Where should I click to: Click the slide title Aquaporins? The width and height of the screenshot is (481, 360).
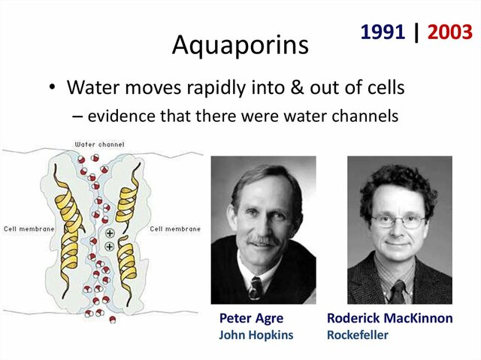pyautogui.click(x=240, y=44)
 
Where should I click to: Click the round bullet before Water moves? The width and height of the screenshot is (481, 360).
pyautogui.click(x=53, y=88)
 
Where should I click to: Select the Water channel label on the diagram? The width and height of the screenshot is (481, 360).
pyautogui.click(x=99, y=144)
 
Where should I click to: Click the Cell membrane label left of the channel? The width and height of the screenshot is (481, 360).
pyautogui.click(x=27, y=228)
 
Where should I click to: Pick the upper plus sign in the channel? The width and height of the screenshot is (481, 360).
pyautogui.click(x=110, y=234)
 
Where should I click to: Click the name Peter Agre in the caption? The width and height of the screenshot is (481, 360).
pyautogui.click(x=251, y=319)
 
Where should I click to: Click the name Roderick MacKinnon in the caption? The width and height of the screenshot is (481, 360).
pyautogui.click(x=389, y=319)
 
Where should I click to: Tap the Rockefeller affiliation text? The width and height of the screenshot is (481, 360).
pyautogui.click(x=358, y=335)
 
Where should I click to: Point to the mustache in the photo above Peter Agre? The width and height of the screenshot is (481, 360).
pyautogui.click(x=262, y=243)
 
